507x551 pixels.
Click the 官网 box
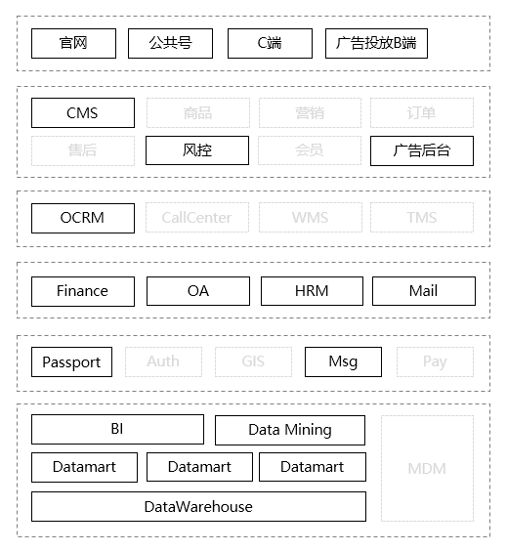73,43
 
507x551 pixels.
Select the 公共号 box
170,43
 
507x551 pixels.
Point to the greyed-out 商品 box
197,113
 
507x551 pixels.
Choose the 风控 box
197,150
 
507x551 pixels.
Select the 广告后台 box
422,150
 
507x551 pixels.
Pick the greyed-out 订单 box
422,113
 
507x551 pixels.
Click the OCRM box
83,218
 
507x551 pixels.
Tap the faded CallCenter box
197,218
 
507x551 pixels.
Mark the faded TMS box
422,218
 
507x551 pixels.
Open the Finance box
83,291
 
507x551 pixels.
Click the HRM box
312,291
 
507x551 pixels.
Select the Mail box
423,291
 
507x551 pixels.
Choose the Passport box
71,362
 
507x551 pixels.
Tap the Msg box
343,362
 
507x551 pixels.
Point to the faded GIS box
253,362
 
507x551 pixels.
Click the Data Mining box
290,430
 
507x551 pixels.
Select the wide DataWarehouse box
198,506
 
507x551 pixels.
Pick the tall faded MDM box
427,468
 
